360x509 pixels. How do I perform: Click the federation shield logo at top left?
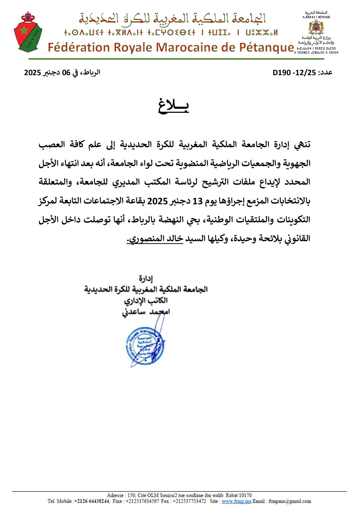click(28, 32)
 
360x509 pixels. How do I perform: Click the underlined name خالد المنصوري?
click(155, 239)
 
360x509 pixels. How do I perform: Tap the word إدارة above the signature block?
click(146, 279)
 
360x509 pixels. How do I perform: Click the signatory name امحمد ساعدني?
click(146, 312)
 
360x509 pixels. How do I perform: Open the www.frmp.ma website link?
click(236, 501)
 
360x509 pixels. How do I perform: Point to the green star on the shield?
click(24, 30)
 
